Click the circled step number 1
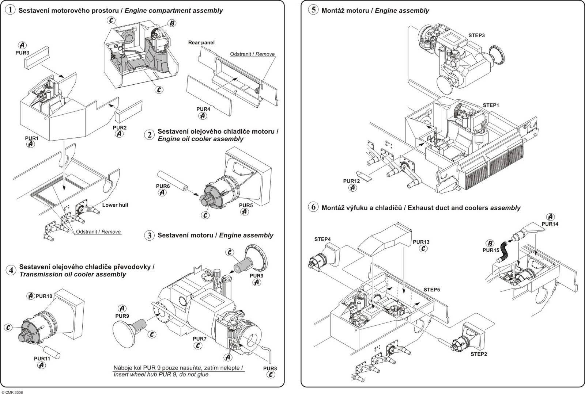(x=11, y=10)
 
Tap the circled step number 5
(x=313, y=10)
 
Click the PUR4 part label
(x=203, y=109)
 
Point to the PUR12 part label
(x=351, y=181)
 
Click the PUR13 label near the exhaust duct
(x=421, y=242)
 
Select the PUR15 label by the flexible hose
(x=491, y=250)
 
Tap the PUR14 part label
(x=550, y=224)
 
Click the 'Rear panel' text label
(x=201, y=43)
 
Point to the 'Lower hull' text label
(x=115, y=205)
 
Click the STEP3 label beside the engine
(x=476, y=35)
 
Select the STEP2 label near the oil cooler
(x=479, y=354)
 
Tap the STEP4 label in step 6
(x=322, y=239)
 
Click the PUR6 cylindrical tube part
(x=172, y=184)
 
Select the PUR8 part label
(x=270, y=368)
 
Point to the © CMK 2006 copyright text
(x=12, y=391)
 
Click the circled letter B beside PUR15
(x=490, y=243)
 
